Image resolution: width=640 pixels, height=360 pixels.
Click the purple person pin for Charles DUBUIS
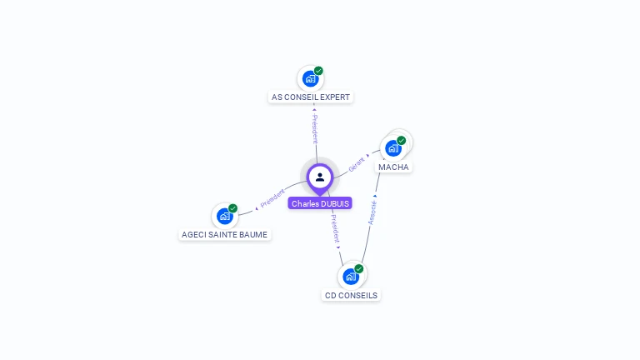[320, 177]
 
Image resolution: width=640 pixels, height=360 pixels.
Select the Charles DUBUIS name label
[320, 203]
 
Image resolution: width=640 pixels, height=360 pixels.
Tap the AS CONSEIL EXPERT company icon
[310, 79]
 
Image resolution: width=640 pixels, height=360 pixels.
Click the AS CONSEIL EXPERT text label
[311, 97]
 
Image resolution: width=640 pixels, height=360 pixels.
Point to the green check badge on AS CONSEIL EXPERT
[318, 71]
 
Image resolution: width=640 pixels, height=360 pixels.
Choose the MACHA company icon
[392, 149]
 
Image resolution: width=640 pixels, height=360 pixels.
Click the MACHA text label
[393, 167]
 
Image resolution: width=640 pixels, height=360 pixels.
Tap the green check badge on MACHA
[401, 141]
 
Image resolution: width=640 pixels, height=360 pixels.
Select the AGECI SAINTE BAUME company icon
[224, 217]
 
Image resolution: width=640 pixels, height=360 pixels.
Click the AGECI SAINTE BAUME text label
[225, 235]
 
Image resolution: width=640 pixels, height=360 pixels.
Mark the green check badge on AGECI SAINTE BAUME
[232, 208]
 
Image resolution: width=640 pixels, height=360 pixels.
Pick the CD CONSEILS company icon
[350, 277]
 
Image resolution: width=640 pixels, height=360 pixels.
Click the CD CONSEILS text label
[351, 295]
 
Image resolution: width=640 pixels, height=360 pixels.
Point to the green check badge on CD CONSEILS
[358, 268]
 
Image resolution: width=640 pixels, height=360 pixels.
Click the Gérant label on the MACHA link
[357, 163]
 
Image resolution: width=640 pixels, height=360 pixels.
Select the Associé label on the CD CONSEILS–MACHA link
[372, 212]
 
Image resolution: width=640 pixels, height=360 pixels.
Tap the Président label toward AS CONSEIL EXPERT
[314, 129]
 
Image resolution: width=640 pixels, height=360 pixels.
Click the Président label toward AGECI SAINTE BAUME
[272, 198]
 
